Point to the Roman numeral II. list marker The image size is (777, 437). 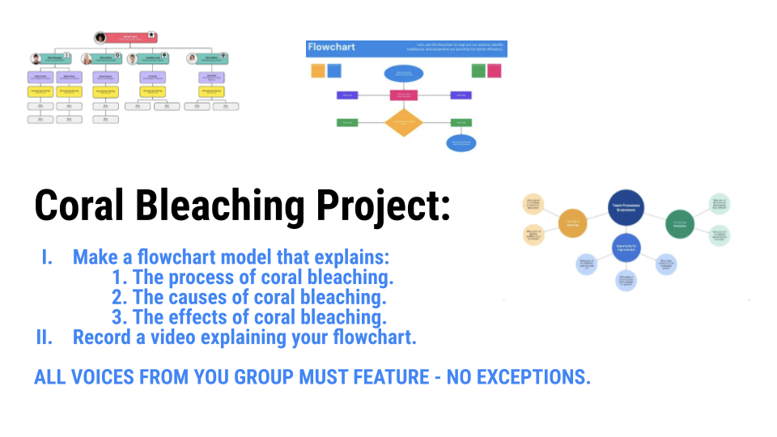coord(45,337)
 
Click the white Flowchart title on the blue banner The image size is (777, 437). coord(332,48)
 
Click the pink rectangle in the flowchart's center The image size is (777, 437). coord(403,95)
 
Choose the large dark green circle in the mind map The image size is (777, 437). coord(679,223)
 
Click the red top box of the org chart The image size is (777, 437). coord(130,38)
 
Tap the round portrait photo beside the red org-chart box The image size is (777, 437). coord(100,38)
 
